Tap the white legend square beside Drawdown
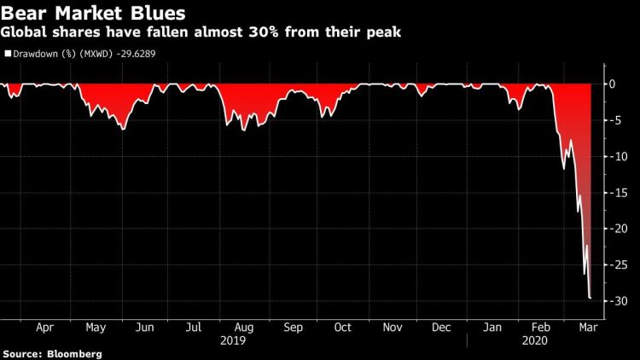tap(8, 53)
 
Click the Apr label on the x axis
tap(45, 327)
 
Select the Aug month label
tap(242, 327)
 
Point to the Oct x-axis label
tap(342, 327)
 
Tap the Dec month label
tap(441, 327)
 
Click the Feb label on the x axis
tap(539, 327)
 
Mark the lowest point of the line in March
tap(591, 298)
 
